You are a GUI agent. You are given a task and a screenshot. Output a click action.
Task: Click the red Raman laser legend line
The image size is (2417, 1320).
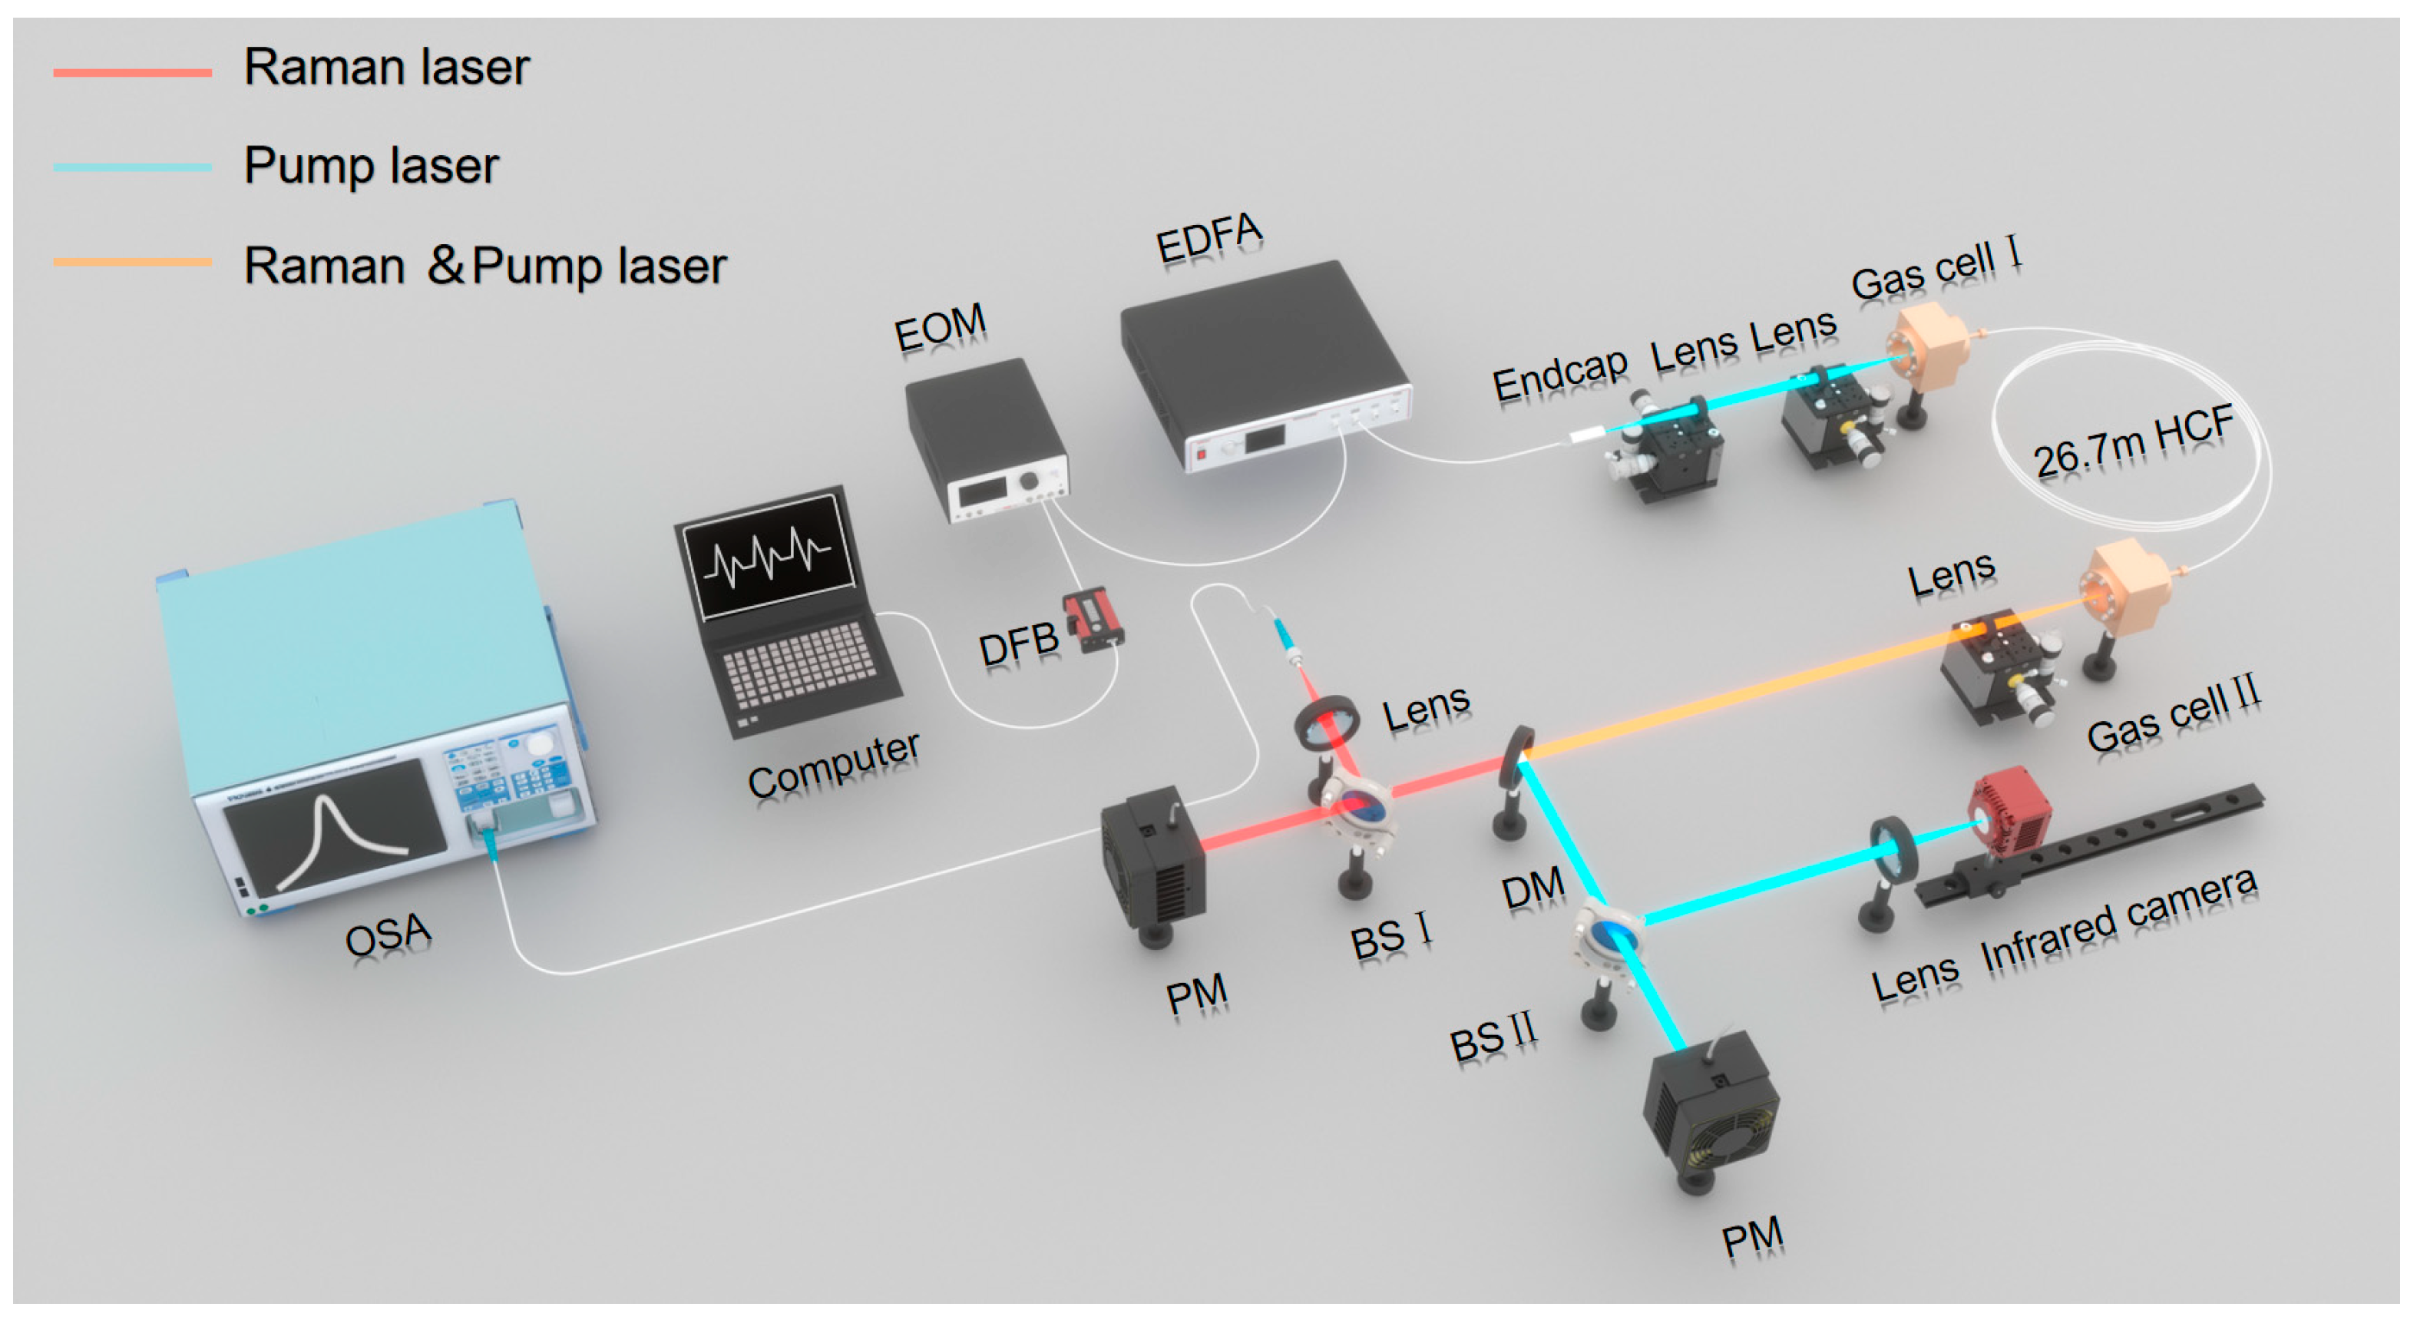131,72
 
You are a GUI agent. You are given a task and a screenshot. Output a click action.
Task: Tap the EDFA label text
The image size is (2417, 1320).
1208,237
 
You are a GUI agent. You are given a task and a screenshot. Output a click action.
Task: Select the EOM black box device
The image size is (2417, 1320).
985,436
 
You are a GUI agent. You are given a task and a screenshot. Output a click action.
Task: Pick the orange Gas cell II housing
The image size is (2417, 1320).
2125,587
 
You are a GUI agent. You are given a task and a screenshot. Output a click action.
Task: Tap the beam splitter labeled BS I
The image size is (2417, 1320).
1357,807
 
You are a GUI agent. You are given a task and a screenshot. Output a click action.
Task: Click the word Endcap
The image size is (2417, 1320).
1559,375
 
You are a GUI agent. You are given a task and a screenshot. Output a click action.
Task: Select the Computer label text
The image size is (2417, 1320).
832,765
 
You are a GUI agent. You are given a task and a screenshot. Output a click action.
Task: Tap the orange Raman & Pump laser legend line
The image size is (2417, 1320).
131,263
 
